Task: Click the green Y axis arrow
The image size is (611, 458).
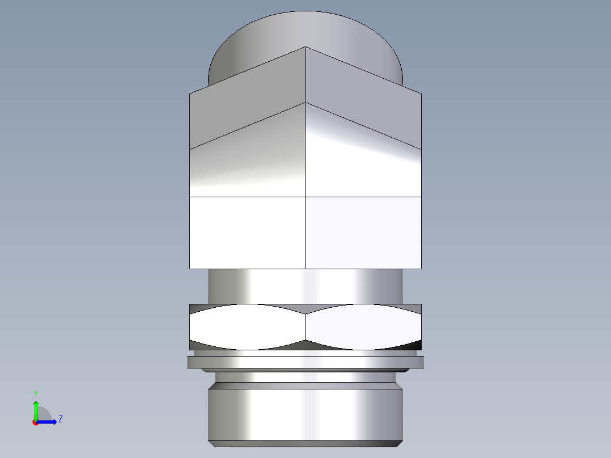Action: coord(35,409)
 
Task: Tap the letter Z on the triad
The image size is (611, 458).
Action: coord(60,419)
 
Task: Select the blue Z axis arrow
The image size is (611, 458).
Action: coord(48,422)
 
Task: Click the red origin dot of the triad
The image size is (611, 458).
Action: coord(35,422)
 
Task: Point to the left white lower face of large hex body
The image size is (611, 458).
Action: coord(247,232)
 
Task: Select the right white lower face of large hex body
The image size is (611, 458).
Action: coord(363,232)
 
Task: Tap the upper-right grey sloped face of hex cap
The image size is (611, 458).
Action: coord(363,96)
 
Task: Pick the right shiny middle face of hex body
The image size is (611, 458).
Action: coord(363,164)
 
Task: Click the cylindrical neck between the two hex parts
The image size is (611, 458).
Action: coord(306,286)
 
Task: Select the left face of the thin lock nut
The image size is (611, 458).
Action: coord(247,327)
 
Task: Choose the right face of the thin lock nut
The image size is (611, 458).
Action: coord(363,327)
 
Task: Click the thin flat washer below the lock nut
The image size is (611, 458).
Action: coord(306,362)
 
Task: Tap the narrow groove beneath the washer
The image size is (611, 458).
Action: coord(306,376)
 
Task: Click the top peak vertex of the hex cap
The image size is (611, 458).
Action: coord(306,47)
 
